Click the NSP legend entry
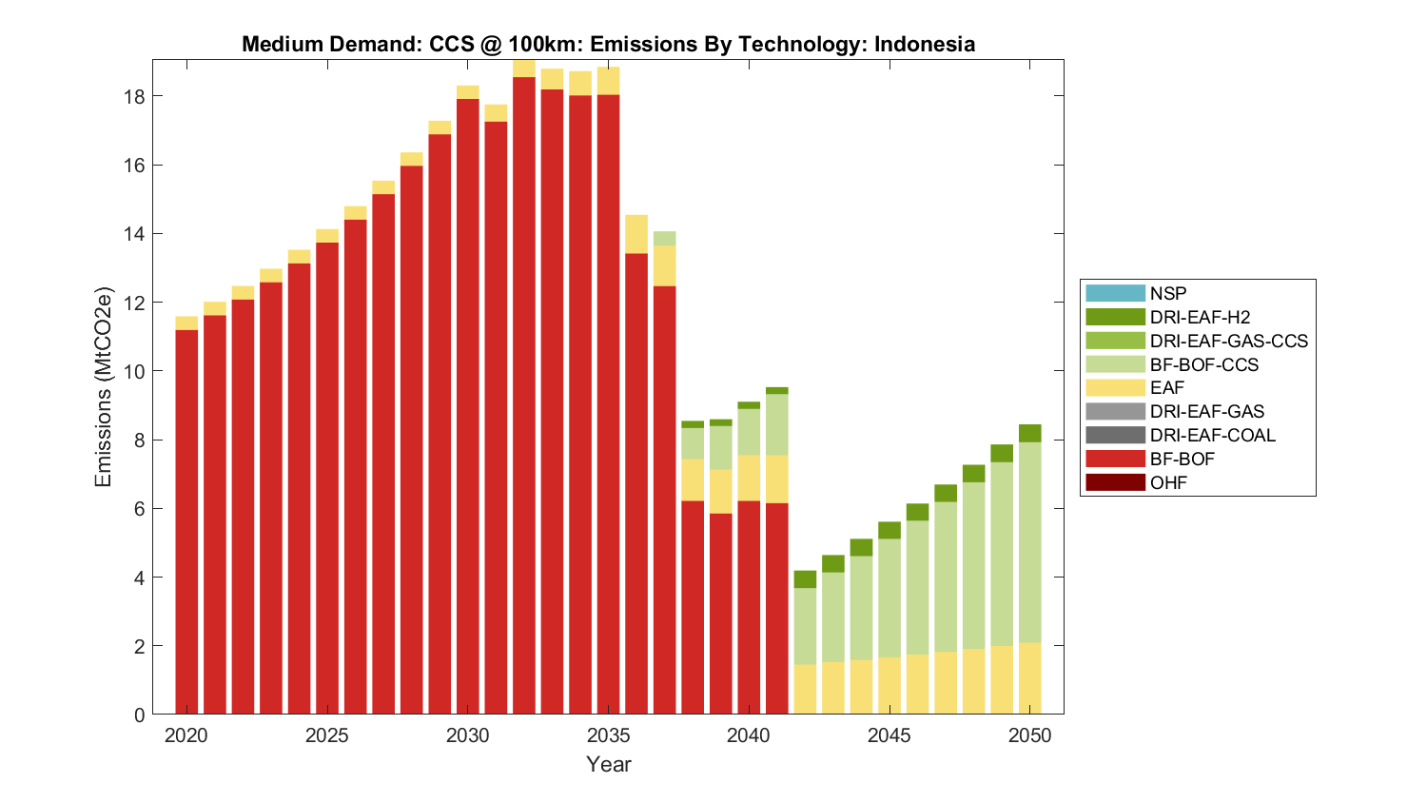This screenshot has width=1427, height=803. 1167,294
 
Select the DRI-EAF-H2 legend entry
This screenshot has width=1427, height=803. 1199,318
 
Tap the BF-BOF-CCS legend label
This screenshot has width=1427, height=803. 1203,365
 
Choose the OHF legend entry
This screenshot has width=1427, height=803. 1168,483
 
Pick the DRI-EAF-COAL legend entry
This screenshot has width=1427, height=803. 1212,436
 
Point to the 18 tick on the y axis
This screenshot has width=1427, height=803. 134,97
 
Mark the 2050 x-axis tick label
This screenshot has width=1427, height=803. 1030,735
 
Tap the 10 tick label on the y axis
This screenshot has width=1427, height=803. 134,371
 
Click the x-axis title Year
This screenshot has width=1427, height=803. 609,765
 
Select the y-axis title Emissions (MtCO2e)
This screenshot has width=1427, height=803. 103,386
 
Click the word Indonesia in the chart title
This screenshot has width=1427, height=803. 924,44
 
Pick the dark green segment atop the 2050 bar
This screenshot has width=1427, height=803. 1030,434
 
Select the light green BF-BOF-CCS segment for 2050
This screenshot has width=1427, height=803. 1030,542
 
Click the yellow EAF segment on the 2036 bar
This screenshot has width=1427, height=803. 636,234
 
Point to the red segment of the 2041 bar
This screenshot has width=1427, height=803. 777,609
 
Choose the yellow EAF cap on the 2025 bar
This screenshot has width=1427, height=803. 327,236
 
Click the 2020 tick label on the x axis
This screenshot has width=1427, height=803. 186,735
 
